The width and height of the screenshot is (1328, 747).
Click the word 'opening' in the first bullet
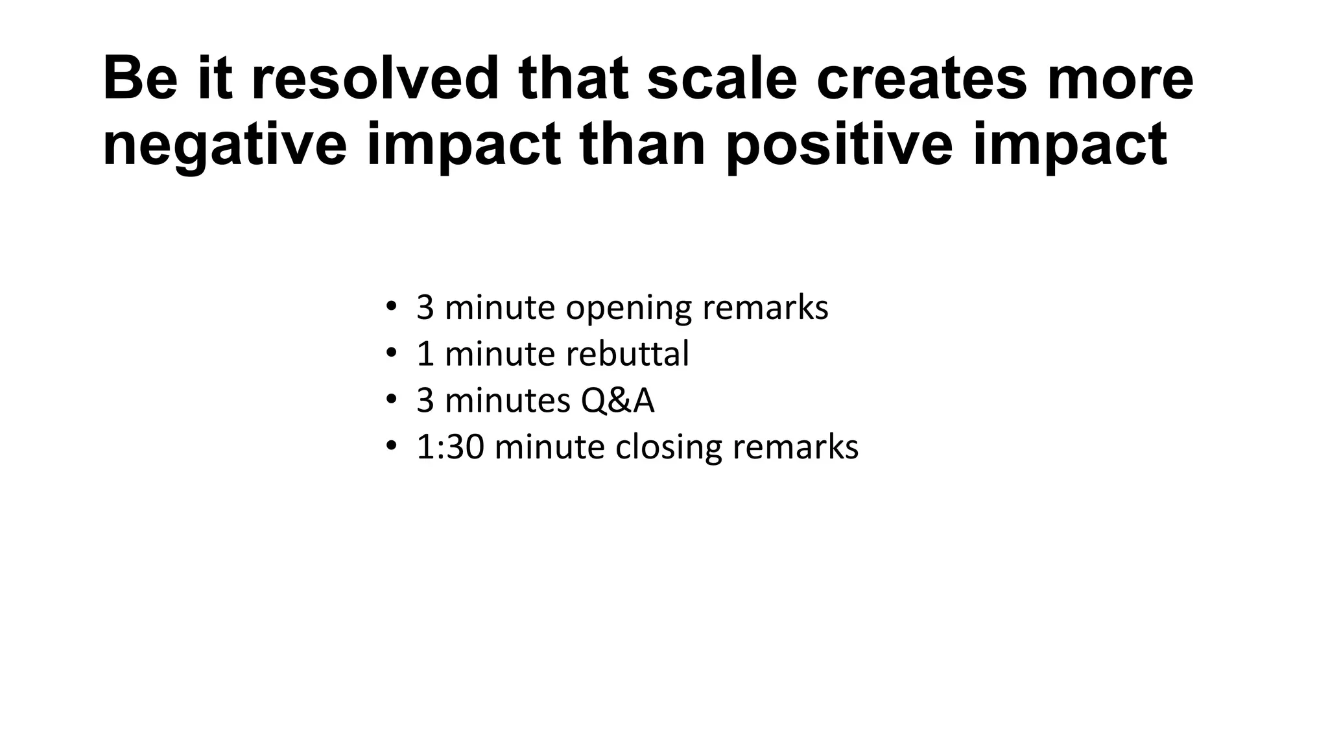pos(628,308)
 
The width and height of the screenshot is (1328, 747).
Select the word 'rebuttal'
pos(627,354)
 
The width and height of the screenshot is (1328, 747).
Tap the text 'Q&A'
pos(617,400)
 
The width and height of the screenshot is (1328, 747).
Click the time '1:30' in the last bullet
pos(450,447)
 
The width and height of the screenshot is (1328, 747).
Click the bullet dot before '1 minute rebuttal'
pos(390,353)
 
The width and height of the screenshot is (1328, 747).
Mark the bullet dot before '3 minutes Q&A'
pos(390,400)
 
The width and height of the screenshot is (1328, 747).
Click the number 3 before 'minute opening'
pos(425,308)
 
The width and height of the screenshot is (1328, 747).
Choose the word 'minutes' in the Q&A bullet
pos(507,400)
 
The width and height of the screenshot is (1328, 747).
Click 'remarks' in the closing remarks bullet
pos(795,447)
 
